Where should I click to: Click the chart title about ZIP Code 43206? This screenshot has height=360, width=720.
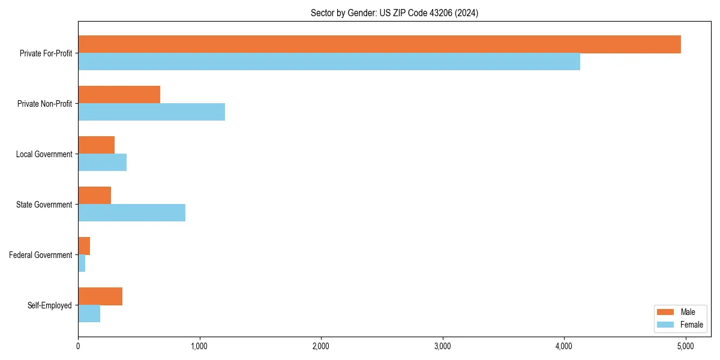pos(394,13)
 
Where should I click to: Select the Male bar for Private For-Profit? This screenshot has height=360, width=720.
pos(379,44)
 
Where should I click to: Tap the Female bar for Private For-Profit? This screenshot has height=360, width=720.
pos(329,62)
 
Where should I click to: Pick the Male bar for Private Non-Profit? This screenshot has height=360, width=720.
pos(119,95)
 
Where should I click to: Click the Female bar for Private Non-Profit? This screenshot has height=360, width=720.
pos(151,112)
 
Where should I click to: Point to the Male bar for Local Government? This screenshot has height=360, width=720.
pos(96,145)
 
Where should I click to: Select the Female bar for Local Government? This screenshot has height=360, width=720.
pos(102,163)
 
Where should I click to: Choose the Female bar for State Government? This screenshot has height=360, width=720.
pos(131,213)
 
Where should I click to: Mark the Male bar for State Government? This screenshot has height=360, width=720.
pos(94,196)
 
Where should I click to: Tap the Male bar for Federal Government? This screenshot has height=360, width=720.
pos(84,246)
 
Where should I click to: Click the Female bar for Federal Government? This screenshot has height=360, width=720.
pos(82,263)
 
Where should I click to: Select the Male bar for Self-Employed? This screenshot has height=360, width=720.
pos(100,296)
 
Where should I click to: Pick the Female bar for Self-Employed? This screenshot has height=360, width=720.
pos(89,314)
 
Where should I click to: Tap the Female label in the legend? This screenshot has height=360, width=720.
pos(691,325)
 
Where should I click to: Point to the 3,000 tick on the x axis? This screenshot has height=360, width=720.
pos(442,346)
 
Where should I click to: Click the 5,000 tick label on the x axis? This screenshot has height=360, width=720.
pos(685,346)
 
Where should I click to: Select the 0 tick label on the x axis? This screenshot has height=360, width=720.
pos(78,346)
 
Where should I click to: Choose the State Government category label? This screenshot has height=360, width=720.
pos(44,205)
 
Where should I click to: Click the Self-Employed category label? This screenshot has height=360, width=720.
pos(49,305)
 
